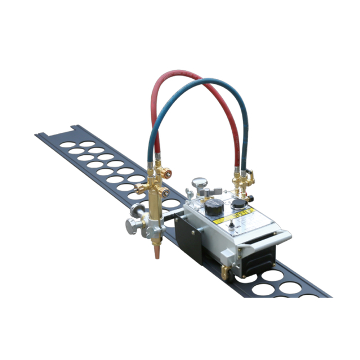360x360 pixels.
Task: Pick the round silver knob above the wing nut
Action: point(199,182)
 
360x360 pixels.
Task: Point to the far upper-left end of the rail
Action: point(40,135)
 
